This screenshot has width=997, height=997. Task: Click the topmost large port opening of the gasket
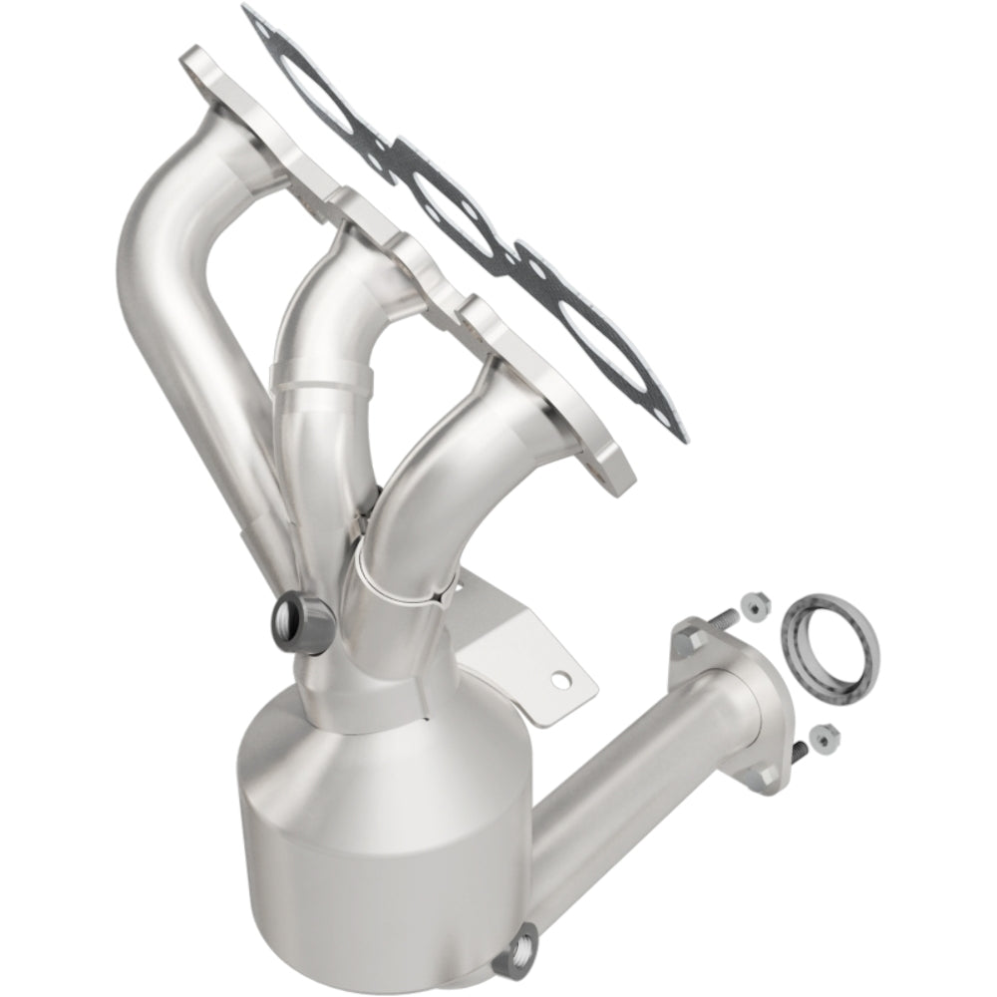coord(295,74)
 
